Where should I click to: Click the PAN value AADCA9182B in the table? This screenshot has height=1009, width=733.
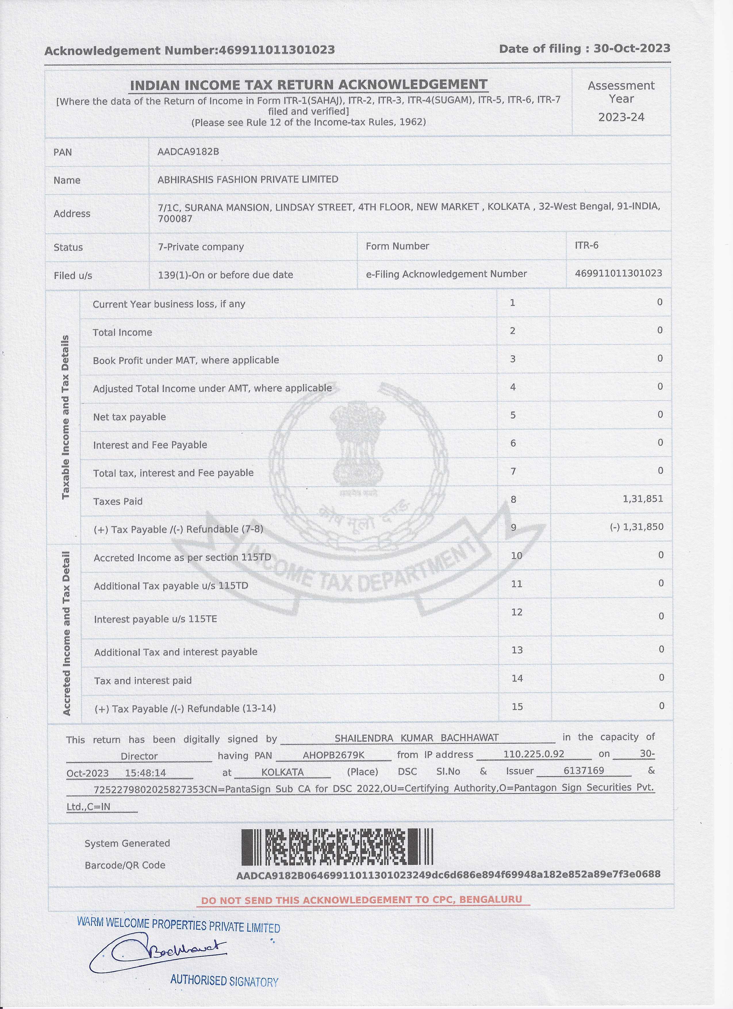(188, 152)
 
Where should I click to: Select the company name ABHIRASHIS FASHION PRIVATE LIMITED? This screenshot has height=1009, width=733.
(247, 179)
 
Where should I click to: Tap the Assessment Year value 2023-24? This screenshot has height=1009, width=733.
(621, 117)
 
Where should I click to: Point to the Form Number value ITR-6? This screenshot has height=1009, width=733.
(586, 245)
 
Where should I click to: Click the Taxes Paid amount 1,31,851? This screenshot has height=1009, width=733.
(643, 499)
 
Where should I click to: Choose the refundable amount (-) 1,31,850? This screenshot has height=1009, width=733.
(636, 527)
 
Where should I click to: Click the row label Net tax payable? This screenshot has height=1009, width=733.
(129, 417)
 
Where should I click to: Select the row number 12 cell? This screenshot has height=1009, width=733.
(517, 612)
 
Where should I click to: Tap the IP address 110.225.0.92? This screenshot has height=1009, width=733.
(534, 754)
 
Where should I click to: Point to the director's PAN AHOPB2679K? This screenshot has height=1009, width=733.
(333, 755)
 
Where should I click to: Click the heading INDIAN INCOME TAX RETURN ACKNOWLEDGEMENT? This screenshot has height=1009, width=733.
(308, 85)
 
